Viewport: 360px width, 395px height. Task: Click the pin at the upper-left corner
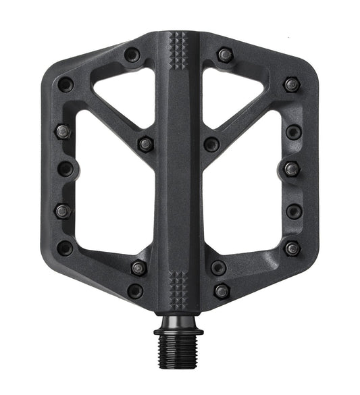[66, 85]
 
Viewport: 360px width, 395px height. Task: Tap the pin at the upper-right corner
[291, 84]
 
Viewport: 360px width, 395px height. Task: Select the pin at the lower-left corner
[65, 248]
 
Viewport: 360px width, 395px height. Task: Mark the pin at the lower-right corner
[292, 248]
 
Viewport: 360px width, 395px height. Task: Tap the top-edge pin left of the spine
[132, 54]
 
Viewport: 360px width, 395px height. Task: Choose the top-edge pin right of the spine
[225, 54]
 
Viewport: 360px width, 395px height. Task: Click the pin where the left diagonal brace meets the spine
[145, 144]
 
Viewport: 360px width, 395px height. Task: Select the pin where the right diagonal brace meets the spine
[211, 144]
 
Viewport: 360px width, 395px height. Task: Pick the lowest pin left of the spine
[135, 291]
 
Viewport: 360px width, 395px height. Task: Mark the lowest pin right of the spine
[221, 291]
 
